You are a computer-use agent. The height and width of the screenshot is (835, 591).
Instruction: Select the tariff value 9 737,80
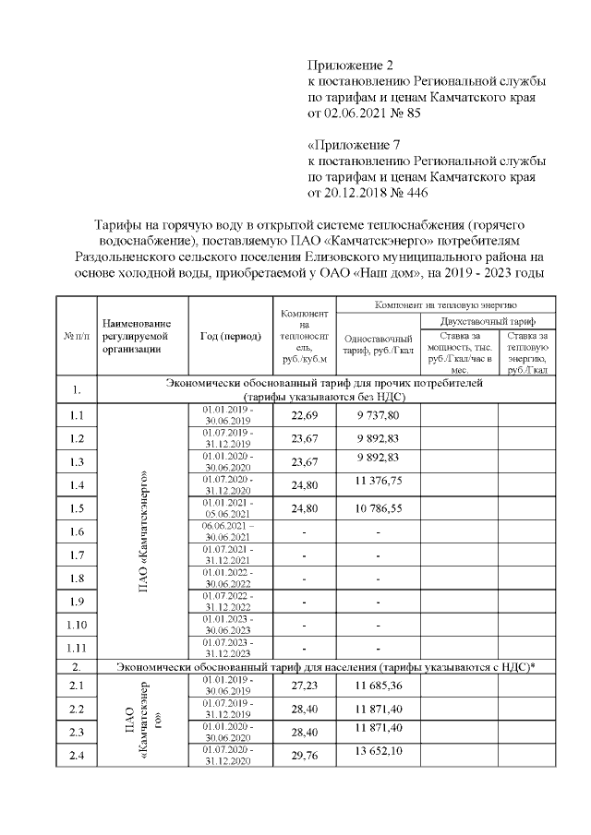coord(377,416)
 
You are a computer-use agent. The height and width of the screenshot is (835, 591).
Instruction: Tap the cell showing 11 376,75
coord(377,482)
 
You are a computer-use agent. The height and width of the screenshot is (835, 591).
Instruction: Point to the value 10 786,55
coord(377,507)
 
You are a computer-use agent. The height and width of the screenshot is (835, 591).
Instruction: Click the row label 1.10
coord(77,626)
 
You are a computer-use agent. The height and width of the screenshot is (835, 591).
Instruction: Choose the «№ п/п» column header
coord(77,336)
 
